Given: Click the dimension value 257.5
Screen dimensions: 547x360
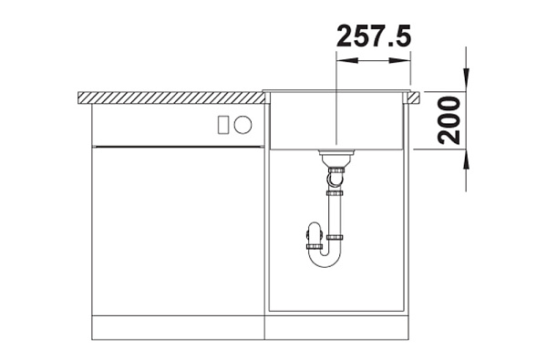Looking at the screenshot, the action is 374,36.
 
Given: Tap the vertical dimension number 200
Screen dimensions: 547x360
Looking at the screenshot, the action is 449,120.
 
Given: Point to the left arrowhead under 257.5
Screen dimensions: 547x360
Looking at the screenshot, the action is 347,60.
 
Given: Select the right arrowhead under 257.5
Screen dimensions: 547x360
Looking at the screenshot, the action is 399,60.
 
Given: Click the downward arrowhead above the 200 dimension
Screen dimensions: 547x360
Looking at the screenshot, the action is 466,80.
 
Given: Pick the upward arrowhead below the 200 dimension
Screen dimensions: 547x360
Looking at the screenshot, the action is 466,160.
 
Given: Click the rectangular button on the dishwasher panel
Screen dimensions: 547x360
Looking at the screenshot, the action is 223,125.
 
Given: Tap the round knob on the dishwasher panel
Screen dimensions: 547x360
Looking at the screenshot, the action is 243,125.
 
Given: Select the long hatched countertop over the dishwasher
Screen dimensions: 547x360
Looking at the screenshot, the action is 172,98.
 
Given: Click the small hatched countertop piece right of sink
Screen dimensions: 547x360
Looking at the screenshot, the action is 415,98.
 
